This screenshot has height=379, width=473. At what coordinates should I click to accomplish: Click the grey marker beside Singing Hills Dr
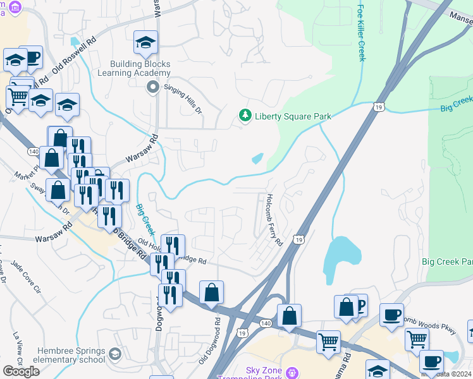(x=152, y=87)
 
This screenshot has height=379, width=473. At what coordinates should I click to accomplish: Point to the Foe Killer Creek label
(x=362, y=33)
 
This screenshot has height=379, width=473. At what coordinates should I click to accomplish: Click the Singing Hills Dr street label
(x=183, y=99)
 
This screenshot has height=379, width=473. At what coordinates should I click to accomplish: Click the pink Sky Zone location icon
(x=291, y=372)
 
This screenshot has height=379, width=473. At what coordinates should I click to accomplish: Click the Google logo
(x=21, y=371)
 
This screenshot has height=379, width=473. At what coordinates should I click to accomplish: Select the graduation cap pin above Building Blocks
(x=145, y=43)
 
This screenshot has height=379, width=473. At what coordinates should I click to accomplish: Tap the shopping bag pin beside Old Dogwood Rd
(x=211, y=292)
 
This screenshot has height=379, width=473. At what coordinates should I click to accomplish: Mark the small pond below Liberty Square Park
(x=257, y=159)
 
